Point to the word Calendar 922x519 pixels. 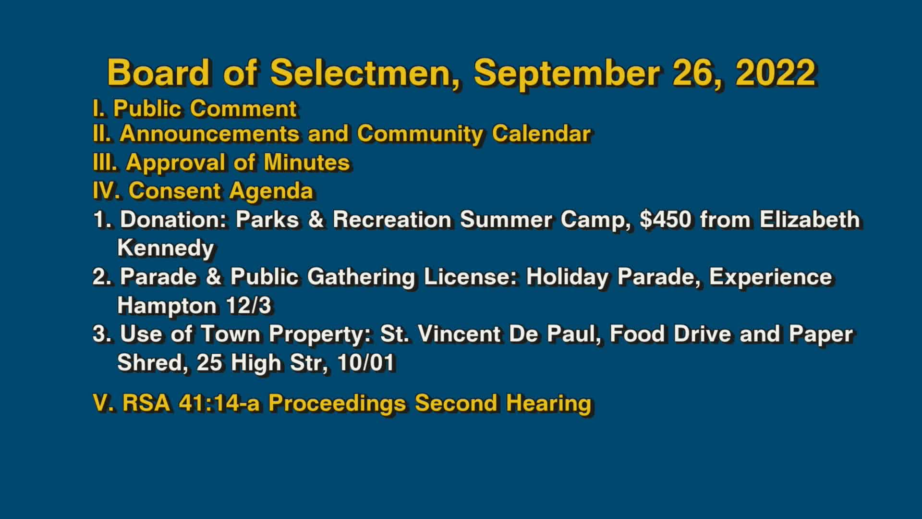coord(541,134)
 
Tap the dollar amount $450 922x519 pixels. coord(666,220)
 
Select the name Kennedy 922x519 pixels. coord(166,248)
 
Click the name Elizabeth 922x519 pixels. coord(810,220)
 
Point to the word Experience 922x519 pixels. coord(770,277)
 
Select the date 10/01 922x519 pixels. coord(366,363)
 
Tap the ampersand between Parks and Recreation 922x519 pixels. coord(316,220)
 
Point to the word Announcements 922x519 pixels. coord(209,134)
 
